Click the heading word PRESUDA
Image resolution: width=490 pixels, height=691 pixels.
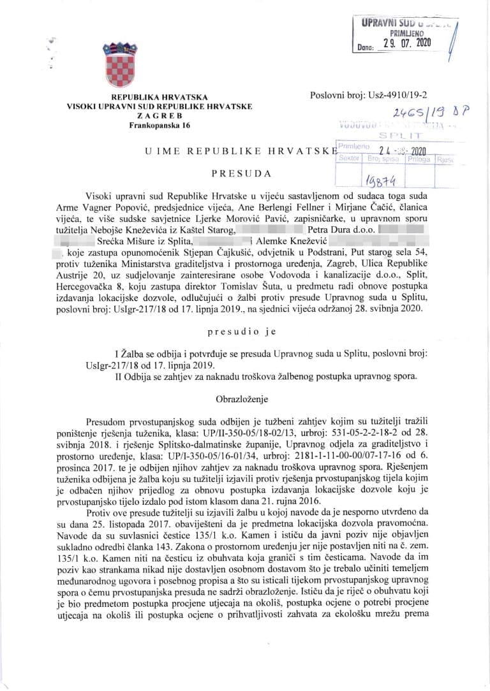[x=241, y=173]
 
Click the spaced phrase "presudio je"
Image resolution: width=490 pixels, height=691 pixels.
[x=241, y=331]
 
